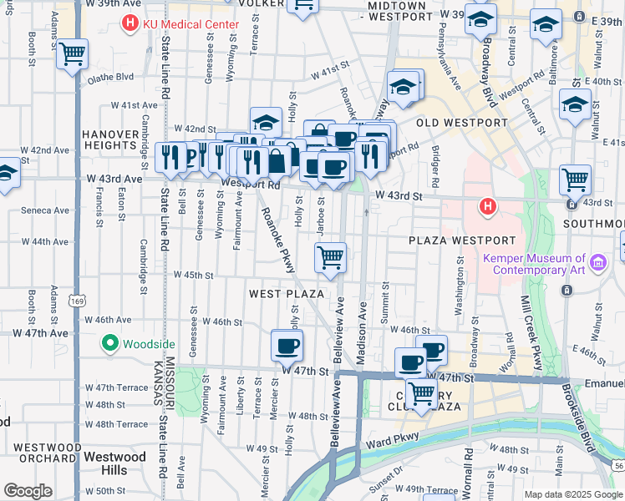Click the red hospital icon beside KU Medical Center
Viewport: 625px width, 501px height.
pyautogui.click(x=130, y=23)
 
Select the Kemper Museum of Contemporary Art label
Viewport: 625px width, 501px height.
pyautogui.click(x=534, y=264)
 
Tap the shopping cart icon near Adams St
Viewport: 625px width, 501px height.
pyautogui.click(x=73, y=54)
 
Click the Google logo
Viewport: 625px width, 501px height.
pyautogui.click(x=28, y=490)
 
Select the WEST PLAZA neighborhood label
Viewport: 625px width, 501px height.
pyautogui.click(x=286, y=294)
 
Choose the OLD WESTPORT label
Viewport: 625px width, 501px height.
pyautogui.click(x=462, y=123)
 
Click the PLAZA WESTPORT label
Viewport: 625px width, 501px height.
pyautogui.click(x=458, y=240)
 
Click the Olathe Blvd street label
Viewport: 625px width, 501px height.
pyautogui.click(x=111, y=77)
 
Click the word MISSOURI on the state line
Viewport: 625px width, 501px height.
pyautogui.click(x=170, y=377)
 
